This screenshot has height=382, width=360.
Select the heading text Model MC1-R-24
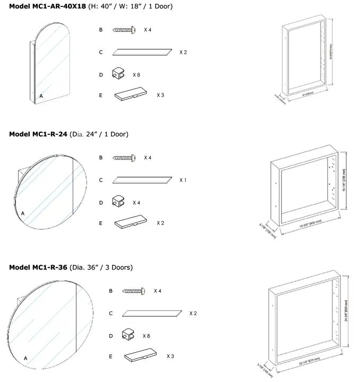point(38,134)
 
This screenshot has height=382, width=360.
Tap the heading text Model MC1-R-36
point(38,267)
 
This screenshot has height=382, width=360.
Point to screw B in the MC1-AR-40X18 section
point(126,30)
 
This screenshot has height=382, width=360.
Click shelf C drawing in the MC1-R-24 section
point(143,180)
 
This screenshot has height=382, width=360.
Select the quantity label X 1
point(183,180)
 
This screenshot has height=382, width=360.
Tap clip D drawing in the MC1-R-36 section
point(129,335)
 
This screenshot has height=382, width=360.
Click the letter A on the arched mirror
point(41,95)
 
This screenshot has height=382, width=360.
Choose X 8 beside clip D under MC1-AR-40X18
point(137,75)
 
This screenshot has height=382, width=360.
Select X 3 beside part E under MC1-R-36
point(170,356)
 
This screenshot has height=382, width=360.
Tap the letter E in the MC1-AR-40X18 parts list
point(101,95)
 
